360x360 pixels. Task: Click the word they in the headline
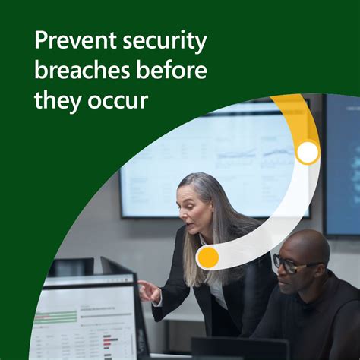pos(55,99)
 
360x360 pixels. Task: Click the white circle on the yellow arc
pos(307,153)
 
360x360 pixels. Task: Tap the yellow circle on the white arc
pos(207,257)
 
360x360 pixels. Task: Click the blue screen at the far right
pos(341,163)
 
